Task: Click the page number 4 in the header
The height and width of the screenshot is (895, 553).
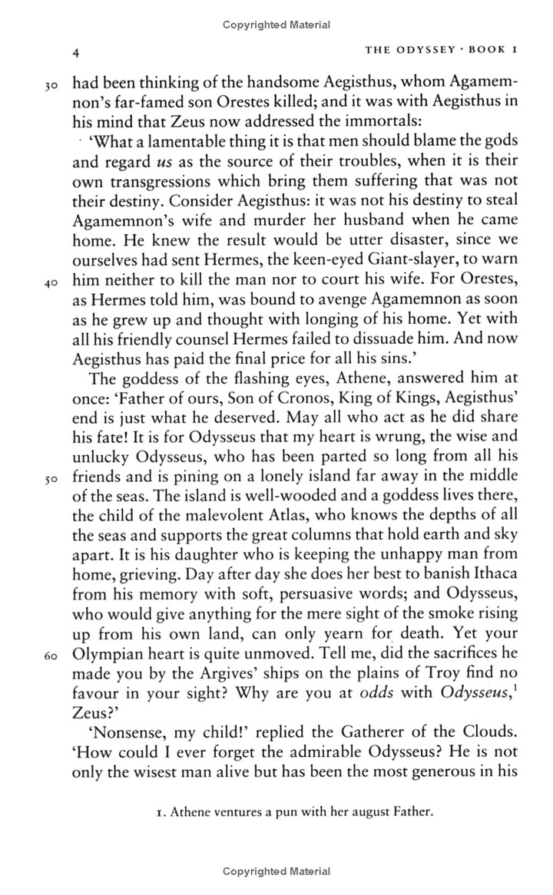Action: coord(75,52)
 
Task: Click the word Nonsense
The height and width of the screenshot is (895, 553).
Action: coord(129,748)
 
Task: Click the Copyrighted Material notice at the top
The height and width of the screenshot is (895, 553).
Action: coord(276,25)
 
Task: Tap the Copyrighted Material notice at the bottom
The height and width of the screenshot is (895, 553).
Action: coord(276,871)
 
